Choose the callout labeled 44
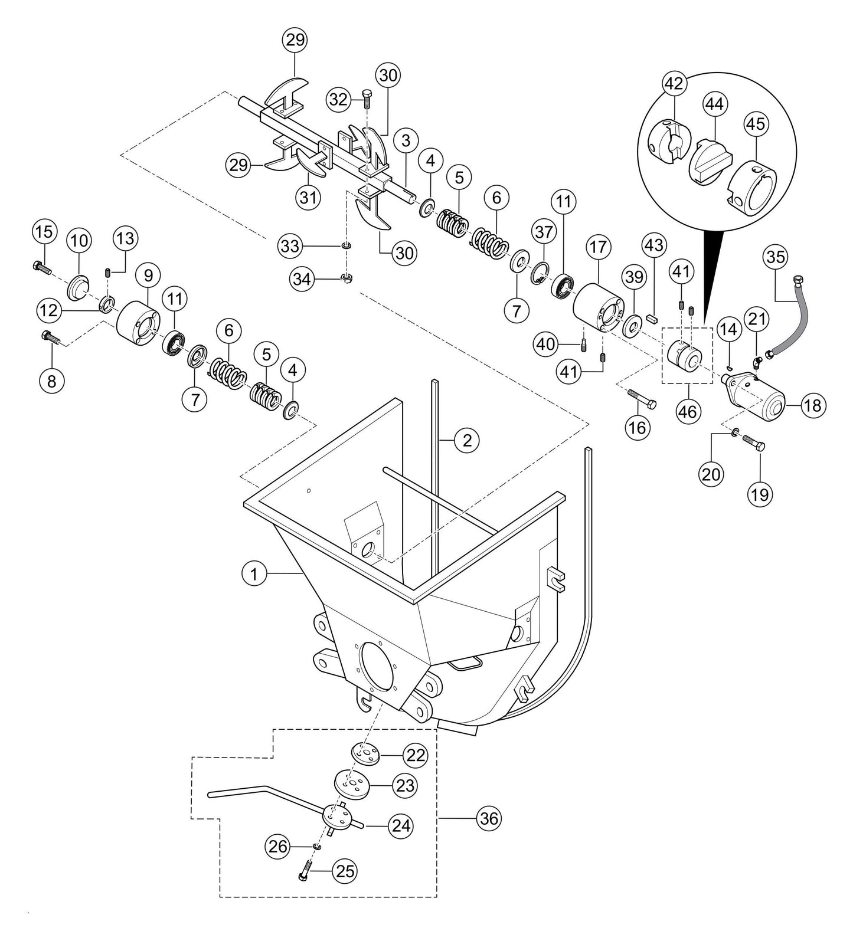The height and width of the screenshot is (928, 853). point(715,104)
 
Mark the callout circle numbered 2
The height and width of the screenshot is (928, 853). point(467,440)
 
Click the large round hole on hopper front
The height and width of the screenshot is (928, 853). point(375,665)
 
